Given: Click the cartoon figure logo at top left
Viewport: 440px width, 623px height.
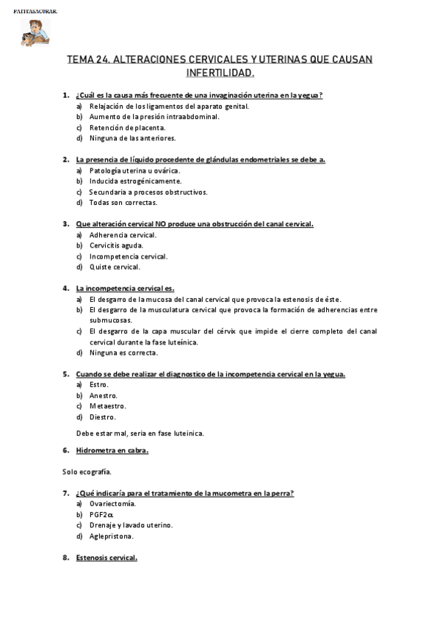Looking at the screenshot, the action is (33, 31).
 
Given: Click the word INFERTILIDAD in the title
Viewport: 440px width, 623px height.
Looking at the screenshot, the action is (220, 73).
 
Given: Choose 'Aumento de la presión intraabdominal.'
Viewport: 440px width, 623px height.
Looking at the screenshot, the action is (154, 116).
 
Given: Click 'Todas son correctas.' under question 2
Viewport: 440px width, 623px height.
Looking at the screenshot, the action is (123, 202).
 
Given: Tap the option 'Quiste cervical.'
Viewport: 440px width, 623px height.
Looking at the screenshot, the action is (115, 267).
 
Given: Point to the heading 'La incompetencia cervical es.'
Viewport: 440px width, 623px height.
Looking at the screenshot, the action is (125, 288).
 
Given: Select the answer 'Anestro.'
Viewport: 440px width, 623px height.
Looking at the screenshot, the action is (104, 395).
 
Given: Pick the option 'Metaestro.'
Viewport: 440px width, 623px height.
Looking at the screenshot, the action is (107, 406).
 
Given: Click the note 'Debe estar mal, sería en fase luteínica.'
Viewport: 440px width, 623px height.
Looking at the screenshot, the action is (140, 433).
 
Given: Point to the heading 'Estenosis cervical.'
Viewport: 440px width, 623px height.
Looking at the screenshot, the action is (107, 558).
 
